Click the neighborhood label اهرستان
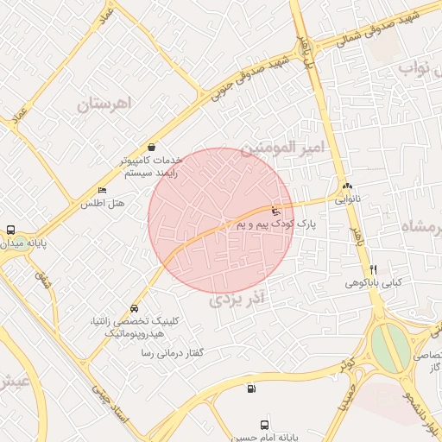[x=107, y=104]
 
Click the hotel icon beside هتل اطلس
[x=103, y=191]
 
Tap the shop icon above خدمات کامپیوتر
[x=152, y=147]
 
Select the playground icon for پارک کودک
[x=275, y=210]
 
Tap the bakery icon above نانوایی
[x=347, y=186]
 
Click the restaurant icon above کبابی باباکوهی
[x=374, y=269]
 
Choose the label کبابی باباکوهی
[x=373, y=282]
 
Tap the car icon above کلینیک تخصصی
[x=134, y=308]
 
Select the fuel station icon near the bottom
[x=251, y=388]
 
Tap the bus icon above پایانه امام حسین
[x=264, y=425]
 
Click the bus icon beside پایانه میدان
[x=10, y=230]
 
